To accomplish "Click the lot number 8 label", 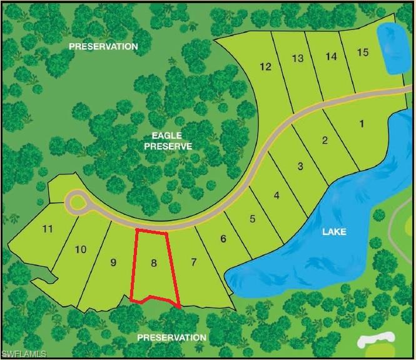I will (153, 263).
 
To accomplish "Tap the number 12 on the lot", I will (265, 67).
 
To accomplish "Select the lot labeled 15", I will (362, 52).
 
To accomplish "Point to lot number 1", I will (362, 123).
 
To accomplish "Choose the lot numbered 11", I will (47, 229).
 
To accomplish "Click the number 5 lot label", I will (252, 219).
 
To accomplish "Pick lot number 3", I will (300, 166).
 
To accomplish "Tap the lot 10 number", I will (80, 249).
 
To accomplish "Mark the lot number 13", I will (298, 58).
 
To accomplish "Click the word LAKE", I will (334, 232).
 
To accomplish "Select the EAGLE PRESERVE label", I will (168, 140).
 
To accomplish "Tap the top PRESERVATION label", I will (103, 46).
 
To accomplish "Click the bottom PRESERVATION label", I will (171, 337).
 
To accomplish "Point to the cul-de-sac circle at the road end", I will (78, 202).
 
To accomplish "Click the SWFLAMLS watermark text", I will (24, 354).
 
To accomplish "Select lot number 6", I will (222, 238).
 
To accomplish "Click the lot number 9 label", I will (113, 262).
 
